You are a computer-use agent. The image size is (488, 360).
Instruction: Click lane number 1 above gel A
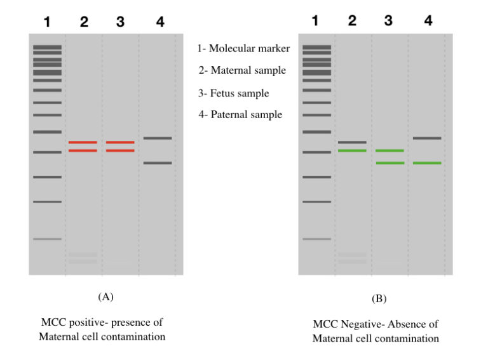click(x=46, y=22)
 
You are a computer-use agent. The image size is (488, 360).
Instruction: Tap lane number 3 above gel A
click(x=120, y=22)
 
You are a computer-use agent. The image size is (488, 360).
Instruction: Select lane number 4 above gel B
click(x=428, y=21)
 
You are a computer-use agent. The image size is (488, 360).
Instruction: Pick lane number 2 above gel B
click(x=352, y=21)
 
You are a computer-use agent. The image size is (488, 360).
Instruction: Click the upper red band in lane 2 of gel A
click(x=83, y=142)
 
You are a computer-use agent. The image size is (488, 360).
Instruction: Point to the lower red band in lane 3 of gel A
click(x=120, y=150)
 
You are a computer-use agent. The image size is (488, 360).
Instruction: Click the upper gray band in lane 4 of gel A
click(x=157, y=138)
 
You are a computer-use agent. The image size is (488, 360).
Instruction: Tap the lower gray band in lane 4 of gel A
click(x=157, y=163)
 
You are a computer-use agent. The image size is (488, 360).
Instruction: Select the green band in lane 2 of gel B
click(x=352, y=150)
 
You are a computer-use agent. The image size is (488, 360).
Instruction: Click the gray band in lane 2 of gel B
click(x=352, y=142)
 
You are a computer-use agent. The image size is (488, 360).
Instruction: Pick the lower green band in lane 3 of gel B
click(x=390, y=163)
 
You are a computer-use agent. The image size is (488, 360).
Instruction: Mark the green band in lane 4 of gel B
click(x=427, y=163)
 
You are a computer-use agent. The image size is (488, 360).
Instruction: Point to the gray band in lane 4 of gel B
click(x=427, y=138)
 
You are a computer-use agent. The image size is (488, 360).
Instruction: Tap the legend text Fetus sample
click(x=233, y=93)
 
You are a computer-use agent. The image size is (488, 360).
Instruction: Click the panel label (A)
click(x=105, y=297)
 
